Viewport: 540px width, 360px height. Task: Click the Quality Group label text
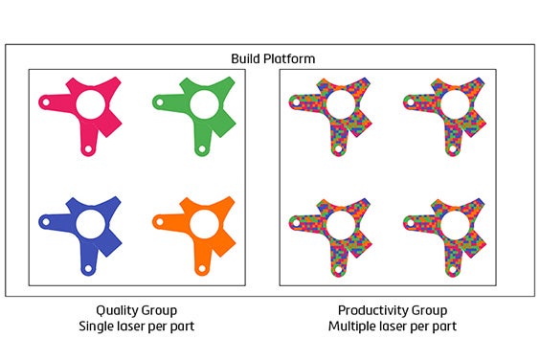tap(136, 310)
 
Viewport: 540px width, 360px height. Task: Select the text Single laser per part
tap(136, 326)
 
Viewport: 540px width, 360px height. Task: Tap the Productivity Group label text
tap(392, 310)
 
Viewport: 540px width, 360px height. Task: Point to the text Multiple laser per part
tap(392, 326)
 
